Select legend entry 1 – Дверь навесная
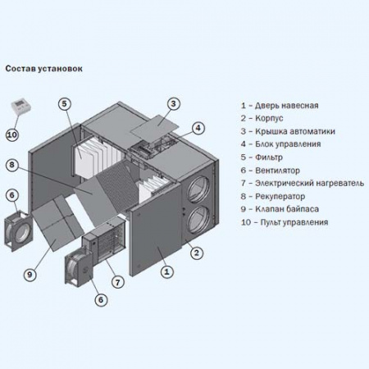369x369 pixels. coord(280,105)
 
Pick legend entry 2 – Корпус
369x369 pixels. coord(266,118)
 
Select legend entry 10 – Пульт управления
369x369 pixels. coord(284,221)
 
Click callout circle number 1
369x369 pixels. coord(165,270)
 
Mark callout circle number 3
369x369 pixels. coord(174,103)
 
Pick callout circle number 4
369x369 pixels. coord(198,127)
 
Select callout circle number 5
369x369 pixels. coord(65,104)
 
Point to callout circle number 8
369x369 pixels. coord(12,165)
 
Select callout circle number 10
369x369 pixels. coord(12,134)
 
